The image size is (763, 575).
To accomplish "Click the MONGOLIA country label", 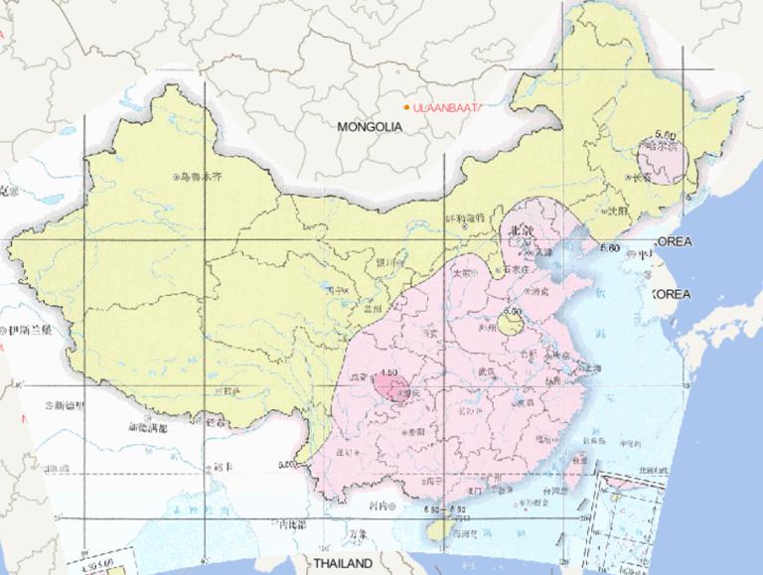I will point(369,127).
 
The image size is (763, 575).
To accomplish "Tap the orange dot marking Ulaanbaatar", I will point(406,107).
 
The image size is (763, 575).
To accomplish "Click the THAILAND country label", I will point(343,563).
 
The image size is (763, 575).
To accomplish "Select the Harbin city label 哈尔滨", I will point(661,147).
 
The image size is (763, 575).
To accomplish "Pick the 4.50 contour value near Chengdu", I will point(388,374).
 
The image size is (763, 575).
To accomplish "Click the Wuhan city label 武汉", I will point(486,371).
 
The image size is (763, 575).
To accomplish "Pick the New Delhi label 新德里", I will point(72,406).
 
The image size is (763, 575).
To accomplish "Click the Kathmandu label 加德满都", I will point(149,428).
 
